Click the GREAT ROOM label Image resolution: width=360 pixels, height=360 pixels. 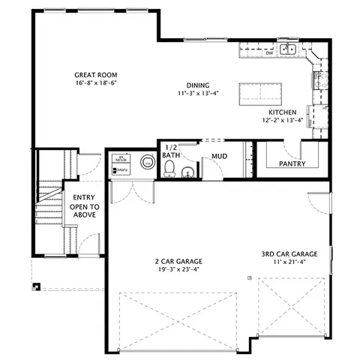click(93, 75)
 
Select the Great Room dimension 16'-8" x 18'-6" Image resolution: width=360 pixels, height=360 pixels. click(93, 84)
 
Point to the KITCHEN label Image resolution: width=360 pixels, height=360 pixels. click(283, 112)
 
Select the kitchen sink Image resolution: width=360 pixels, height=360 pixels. click(288, 50)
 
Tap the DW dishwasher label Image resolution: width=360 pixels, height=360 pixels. click(269, 53)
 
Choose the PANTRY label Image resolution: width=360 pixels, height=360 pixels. click(290, 163)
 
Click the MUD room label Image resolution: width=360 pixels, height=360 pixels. click(219, 157)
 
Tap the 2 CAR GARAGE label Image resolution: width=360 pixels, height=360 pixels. click(178, 262)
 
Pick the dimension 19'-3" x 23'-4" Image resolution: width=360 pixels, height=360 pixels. click(178, 270)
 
